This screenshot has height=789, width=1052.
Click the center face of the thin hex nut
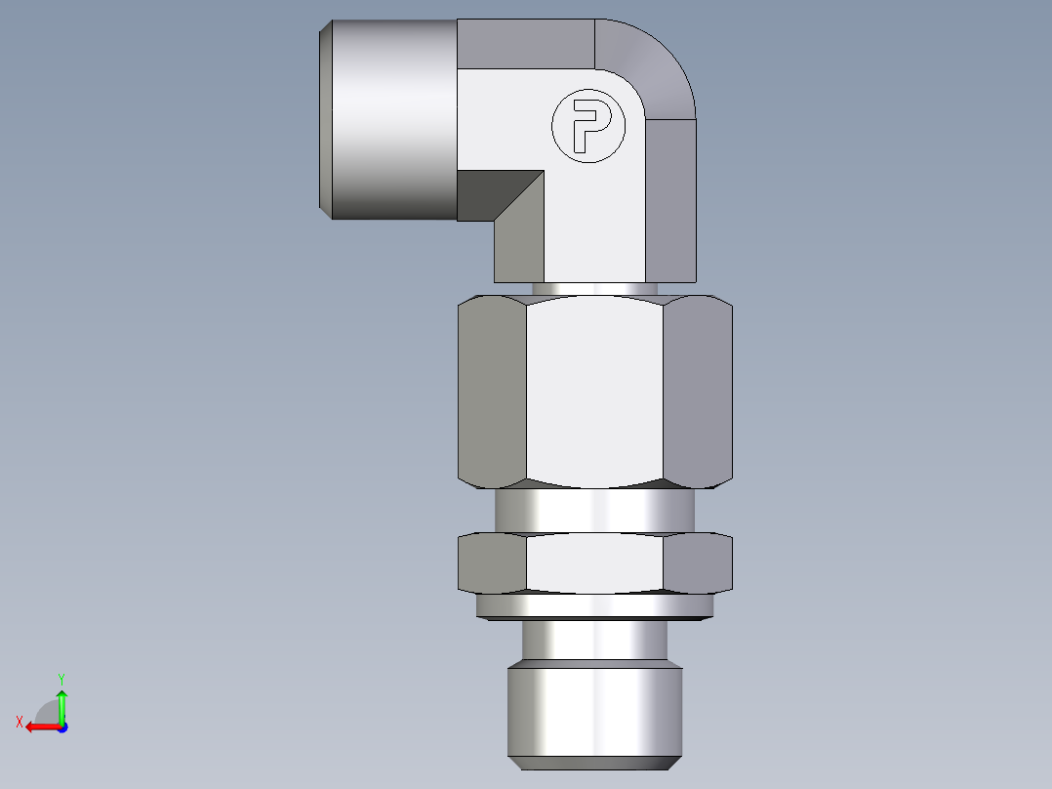coord(595,564)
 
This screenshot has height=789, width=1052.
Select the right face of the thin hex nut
coord(698,563)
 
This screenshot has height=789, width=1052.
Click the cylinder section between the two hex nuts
coord(595,510)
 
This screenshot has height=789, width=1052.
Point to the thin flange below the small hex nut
coord(595,606)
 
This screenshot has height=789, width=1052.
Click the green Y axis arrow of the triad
coord(61,698)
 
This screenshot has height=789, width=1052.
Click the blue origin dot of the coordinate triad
coord(61,727)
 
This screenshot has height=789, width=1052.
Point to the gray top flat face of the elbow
coord(527,44)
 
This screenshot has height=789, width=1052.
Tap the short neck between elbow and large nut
coord(595,288)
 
